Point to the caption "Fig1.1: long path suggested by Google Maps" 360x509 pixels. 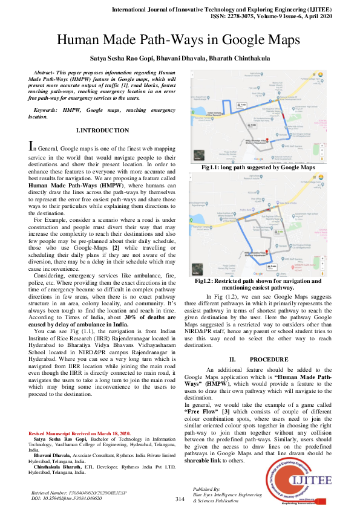(x=259, y=167)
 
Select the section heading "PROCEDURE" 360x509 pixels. (x=266, y=359)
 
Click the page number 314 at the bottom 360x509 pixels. (x=180, y=499)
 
